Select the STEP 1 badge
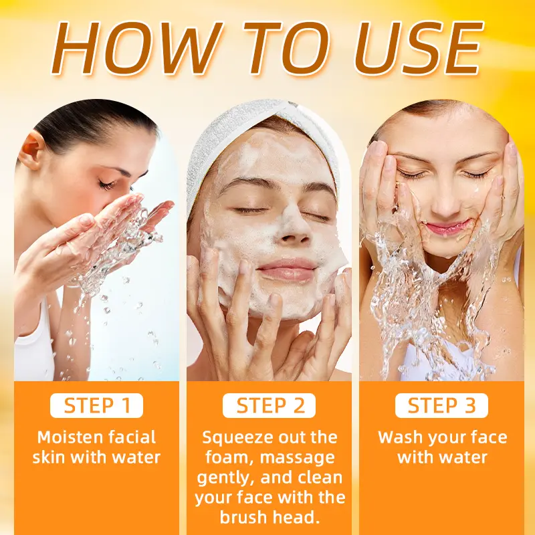coord(96,406)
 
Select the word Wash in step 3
coord(400,437)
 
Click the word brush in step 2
coord(243,517)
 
